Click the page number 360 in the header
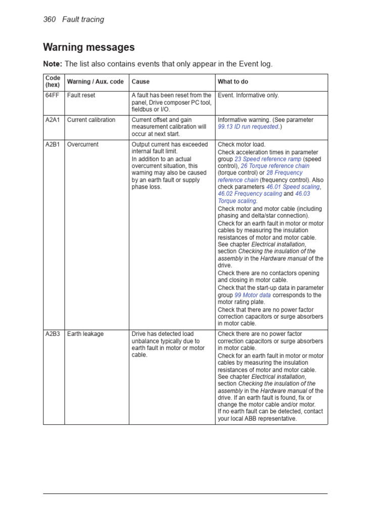(50, 19)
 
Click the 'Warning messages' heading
(89, 48)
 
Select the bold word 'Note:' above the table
(53, 64)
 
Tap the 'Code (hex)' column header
(53, 81)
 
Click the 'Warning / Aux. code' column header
(95, 81)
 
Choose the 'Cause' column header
(140, 81)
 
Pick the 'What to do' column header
(233, 81)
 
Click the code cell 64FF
(52, 95)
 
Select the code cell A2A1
(53, 120)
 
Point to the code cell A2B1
(53, 144)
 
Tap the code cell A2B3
(53, 334)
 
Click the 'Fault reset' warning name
(81, 95)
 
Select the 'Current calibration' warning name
(91, 120)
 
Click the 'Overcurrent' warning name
(83, 144)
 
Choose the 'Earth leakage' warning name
(86, 334)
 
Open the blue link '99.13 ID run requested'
(248, 127)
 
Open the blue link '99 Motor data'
(253, 295)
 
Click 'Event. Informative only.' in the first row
(248, 95)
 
